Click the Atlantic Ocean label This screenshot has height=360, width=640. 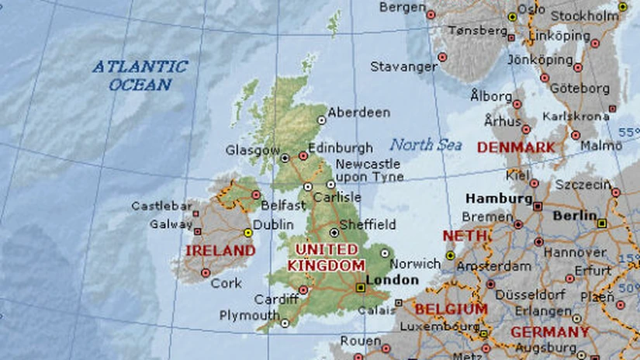coord(140,75)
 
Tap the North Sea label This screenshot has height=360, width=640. coord(426,144)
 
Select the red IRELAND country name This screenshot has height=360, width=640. coord(220,251)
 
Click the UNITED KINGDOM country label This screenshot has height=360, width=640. coord(326,257)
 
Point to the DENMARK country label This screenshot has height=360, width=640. coord(516,147)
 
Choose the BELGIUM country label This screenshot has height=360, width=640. coord(451,309)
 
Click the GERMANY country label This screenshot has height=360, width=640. coord(549,332)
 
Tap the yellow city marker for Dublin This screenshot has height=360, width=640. coord(248,232)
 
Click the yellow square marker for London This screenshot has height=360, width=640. coord(360,287)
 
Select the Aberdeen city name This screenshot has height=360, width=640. coord(358,112)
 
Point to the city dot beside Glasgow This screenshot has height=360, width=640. coord(285,157)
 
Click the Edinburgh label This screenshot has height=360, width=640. coord(340,147)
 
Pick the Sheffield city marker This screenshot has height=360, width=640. coord(334,231)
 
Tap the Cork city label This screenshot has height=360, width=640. coord(226,283)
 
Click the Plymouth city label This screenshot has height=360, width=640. coord(249,316)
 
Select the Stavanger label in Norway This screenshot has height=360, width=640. coord(403,67)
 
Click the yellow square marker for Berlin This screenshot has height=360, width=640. coord(602,223)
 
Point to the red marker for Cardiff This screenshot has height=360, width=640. coord(303,290)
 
